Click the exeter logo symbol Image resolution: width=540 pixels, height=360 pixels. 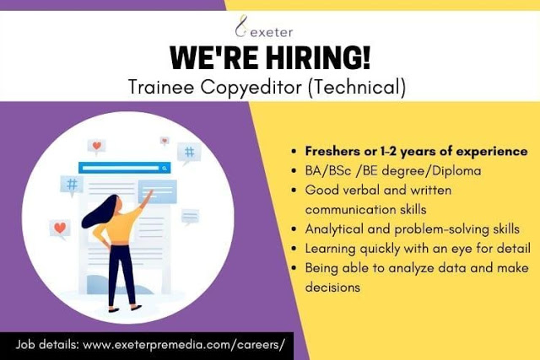(241, 26)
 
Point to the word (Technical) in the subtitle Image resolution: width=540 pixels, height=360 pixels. (357, 87)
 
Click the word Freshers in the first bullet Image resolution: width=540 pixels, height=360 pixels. (332, 151)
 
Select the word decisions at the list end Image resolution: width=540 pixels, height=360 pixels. (332, 287)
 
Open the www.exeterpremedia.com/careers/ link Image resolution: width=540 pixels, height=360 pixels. (184, 345)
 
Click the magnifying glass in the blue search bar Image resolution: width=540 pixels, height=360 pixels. (165, 168)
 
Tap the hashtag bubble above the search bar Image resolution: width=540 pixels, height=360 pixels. (189, 153)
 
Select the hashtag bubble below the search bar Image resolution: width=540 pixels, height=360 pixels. (72, 185)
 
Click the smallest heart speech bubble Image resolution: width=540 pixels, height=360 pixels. (165, 141)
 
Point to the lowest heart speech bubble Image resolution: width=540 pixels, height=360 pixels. (60, 228)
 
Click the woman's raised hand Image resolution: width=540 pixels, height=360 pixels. (149, 195)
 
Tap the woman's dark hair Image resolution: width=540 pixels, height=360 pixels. (100, 212)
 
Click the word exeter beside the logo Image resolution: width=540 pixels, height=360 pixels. (272, 32)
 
